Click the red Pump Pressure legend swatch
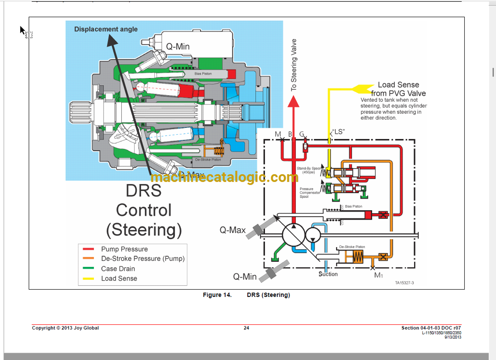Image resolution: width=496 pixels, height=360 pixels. [88, 249]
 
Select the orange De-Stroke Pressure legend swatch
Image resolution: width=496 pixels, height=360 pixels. [88, 258]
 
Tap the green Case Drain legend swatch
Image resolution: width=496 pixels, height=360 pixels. [88, 269]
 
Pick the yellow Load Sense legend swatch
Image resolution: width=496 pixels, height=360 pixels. [88, 278]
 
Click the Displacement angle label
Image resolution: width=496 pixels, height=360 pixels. [106, 29]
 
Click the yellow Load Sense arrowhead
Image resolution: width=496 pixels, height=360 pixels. [361, 88]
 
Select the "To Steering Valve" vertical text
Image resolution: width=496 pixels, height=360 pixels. [294, 65]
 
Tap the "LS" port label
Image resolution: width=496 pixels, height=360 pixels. [339, 132]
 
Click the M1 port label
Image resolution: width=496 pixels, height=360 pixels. [379, 275]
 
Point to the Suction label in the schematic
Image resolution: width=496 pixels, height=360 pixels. [328, 274]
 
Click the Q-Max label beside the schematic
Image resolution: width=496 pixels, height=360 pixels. [233, 230]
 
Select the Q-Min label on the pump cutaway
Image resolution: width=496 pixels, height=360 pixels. [177, 46]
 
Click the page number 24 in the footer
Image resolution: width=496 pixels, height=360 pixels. [246, 328]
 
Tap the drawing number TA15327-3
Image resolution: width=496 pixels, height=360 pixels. [404, 283]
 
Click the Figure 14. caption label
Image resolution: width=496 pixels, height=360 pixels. [217, 295]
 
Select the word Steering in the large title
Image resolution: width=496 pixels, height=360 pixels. [144, 230]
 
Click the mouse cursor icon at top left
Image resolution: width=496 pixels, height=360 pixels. [23, 30]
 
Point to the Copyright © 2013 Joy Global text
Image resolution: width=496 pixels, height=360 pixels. [65, 328]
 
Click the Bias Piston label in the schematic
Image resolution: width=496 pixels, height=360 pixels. [354, 206]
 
